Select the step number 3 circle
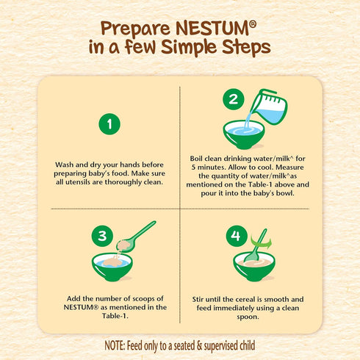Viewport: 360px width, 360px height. tap(102, 236)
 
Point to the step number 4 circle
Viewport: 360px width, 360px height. tap(235, 237)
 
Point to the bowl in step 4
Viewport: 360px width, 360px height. tap(254, 265)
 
